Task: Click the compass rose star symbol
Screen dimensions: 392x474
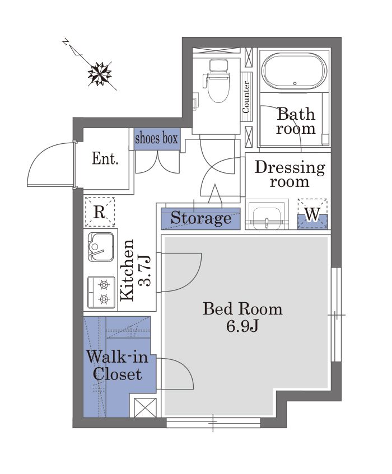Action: point(99,74)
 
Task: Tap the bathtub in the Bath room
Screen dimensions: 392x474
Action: point(294,71)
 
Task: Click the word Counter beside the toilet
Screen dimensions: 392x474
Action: point(246,96)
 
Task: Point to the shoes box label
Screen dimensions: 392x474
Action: point(156,138)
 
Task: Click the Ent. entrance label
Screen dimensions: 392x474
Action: point(105,158)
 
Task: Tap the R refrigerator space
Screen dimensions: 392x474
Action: point(100,212)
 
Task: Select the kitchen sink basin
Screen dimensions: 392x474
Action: point(101,247)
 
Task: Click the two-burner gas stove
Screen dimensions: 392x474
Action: point(101,292)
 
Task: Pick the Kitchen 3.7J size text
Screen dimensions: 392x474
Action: point(135,270)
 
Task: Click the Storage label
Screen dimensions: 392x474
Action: point(201,218)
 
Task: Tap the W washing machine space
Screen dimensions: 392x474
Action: point(312,214)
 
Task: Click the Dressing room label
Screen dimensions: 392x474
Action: point(290,175)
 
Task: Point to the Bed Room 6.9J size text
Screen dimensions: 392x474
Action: point(242,317)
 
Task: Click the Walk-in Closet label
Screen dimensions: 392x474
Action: point(118,365)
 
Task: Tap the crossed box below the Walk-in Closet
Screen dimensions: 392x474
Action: point(145,408)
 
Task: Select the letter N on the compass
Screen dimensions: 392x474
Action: point(65,41)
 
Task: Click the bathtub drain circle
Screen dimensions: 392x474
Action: point(295,83)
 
